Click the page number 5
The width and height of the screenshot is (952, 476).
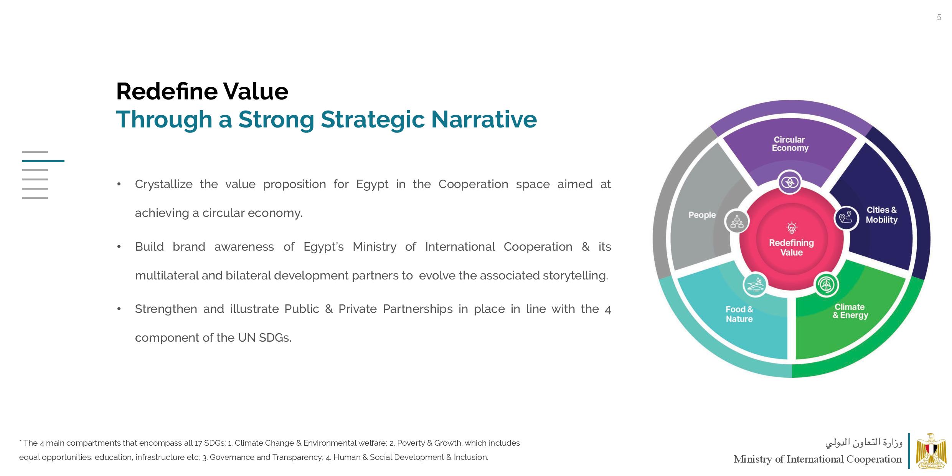[939, 17]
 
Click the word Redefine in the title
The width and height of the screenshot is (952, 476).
[167, 91]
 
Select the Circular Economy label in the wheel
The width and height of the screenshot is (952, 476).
[790, 144]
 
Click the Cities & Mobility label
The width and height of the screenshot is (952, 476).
[881, 215]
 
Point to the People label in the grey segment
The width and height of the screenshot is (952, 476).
[702, 215]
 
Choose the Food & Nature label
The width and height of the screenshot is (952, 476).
[739, 314]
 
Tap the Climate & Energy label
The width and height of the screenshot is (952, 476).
[850, 311]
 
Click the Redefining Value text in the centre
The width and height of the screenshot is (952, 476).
[791, 248]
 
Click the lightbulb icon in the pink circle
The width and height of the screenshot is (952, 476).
[792, 228]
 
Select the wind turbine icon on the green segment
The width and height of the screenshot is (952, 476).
[826, 285]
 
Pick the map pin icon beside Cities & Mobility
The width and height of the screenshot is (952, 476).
[846, 218]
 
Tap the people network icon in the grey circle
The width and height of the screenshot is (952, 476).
[737, 221]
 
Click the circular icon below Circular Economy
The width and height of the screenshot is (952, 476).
[790, 182]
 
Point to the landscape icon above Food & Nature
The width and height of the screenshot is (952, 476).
[755, 285]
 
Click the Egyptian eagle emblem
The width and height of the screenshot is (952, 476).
[931, 451]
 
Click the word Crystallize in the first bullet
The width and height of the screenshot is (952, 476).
[163, 184]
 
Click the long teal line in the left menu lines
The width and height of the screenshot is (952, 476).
[43, 161]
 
